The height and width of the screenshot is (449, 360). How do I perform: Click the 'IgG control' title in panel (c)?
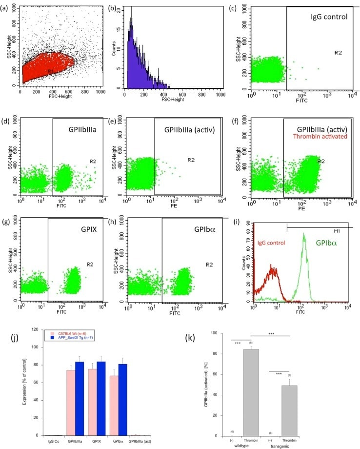coord(329,17)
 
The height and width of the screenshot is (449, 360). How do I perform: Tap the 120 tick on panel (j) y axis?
coord(35,329)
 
